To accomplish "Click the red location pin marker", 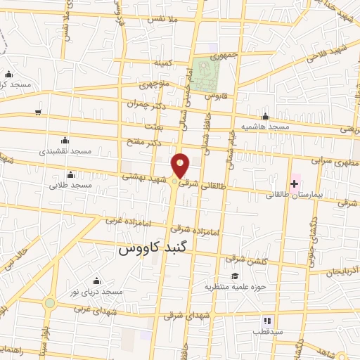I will [x=181, y=165].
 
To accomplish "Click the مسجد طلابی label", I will [x=70, y=185].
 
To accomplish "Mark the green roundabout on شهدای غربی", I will [x=49, y=304].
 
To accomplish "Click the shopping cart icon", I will [x=37, y=112].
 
